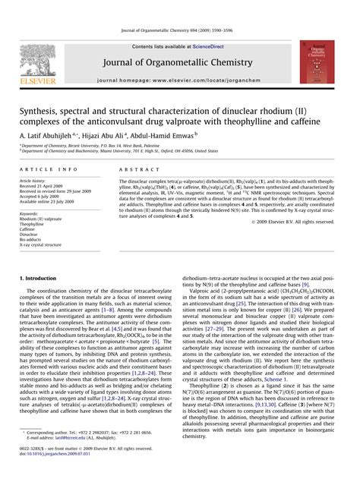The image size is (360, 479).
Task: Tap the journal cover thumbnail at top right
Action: [314, 62]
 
